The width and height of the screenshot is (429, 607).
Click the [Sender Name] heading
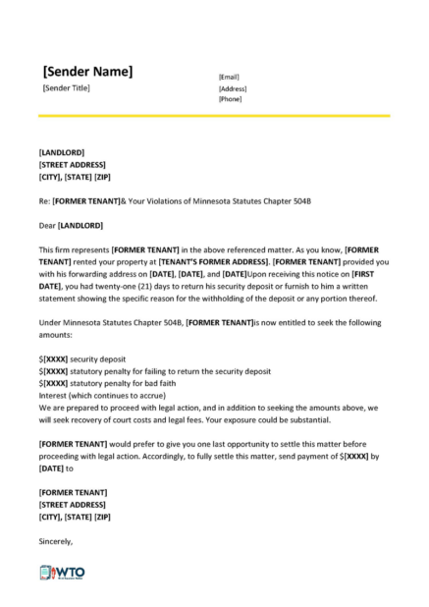point(88,71)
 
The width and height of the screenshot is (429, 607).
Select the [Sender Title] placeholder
point(67,89)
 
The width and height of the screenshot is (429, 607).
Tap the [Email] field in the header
point(229,77)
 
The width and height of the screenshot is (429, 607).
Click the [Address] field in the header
point(232,87)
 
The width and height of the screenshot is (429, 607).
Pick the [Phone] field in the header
point(230,98)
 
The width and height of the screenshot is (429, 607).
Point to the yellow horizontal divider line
point(214,116)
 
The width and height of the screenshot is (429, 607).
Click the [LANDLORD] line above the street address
point(61,152)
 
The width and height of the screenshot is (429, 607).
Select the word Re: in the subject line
point(44,200)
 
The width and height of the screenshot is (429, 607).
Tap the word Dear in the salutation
point(47,225)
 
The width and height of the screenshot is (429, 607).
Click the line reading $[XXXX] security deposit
point(89,359)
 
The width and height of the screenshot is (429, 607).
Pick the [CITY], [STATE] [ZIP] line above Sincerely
point(74,517)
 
